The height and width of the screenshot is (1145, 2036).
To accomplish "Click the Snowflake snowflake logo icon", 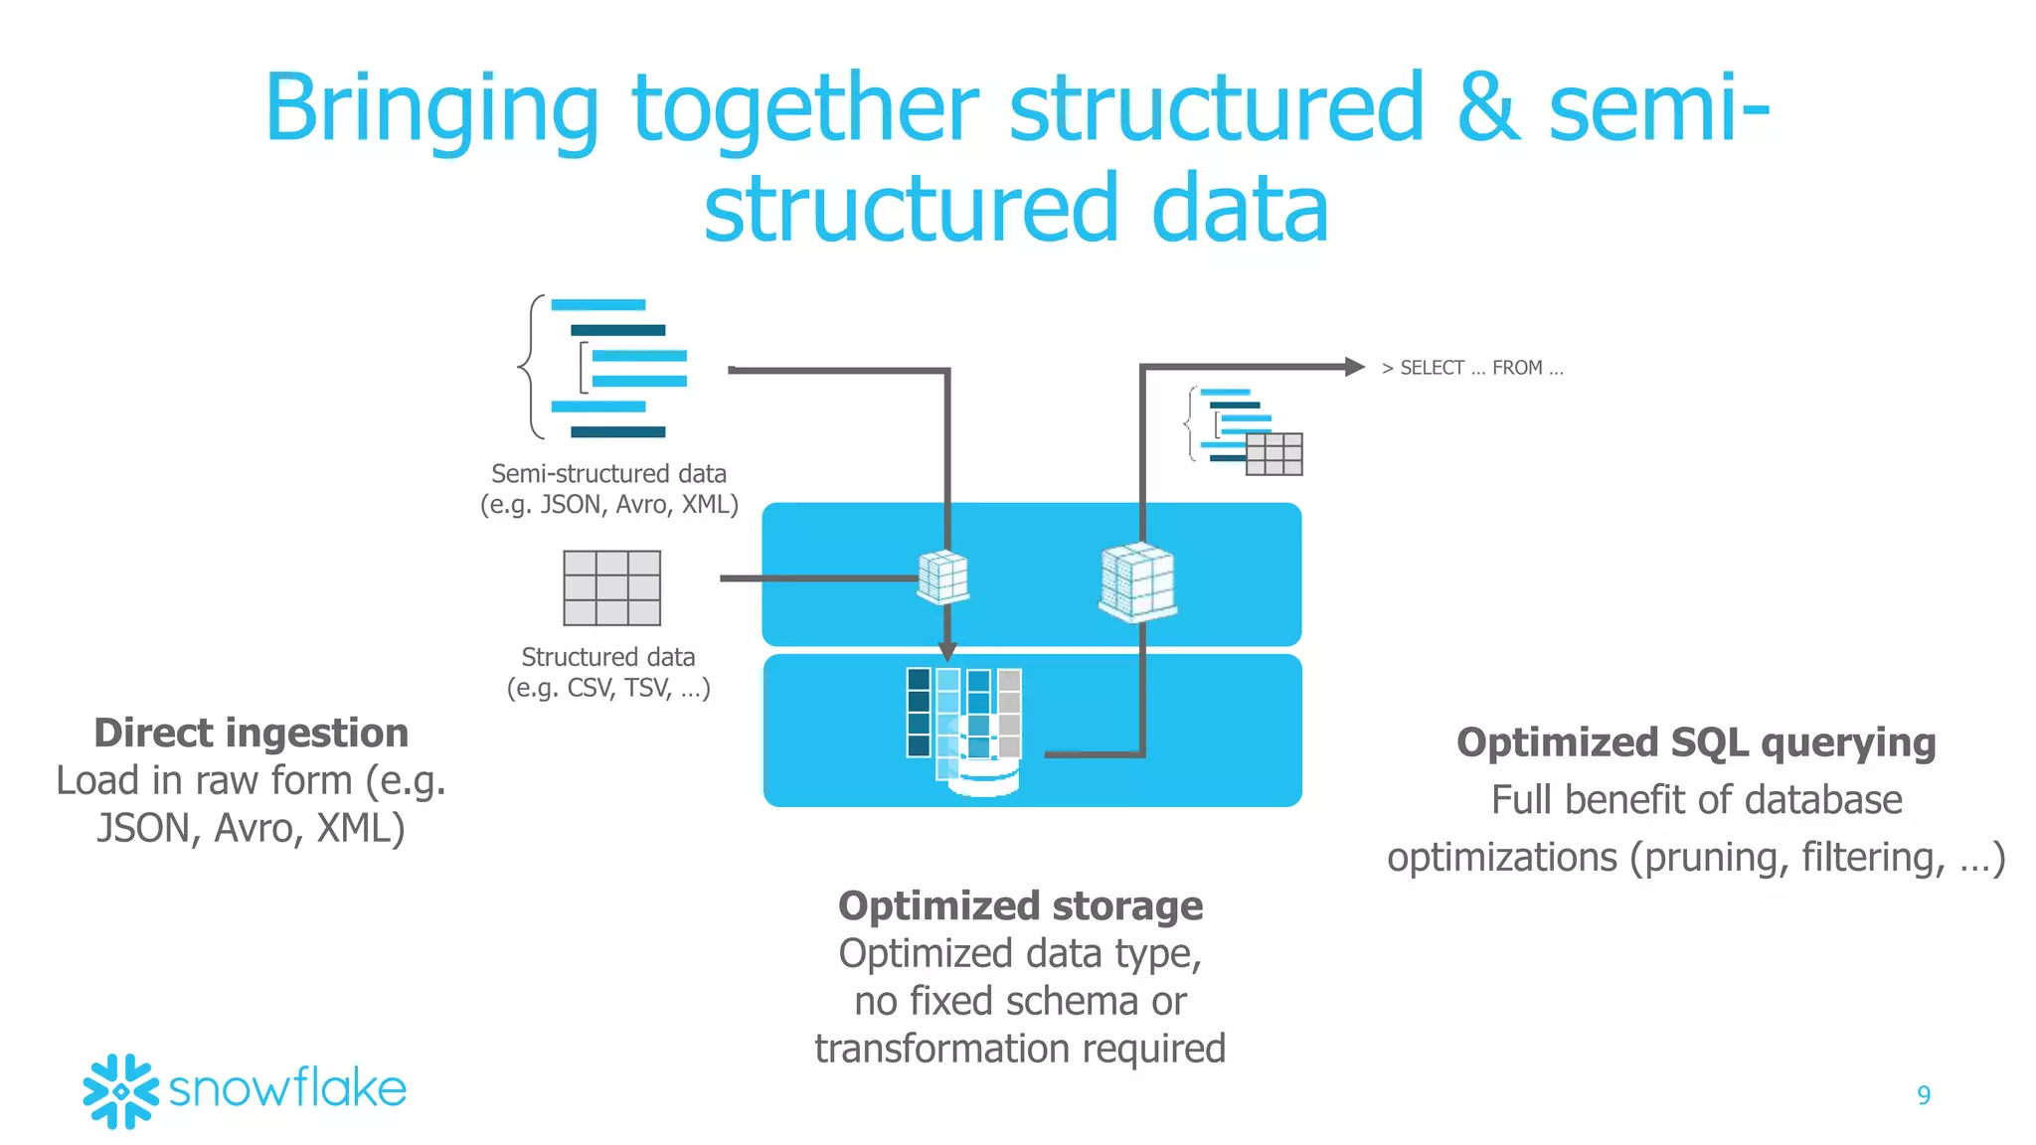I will coord(120,1090).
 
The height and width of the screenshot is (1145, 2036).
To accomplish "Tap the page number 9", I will coord(1923,1095).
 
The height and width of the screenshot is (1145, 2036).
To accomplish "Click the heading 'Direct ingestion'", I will coord(252,733).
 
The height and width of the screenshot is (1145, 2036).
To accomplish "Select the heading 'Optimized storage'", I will coord(1020,905).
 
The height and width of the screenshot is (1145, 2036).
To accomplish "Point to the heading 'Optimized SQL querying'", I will coord(1696,742).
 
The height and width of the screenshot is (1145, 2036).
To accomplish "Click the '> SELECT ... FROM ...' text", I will coord(1472,368).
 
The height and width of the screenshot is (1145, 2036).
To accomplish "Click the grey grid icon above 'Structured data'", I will coord(611,587).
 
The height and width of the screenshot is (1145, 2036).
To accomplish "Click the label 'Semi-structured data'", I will coord(608,474).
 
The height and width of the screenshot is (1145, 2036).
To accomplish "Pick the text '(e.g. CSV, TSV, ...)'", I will coord(608,688).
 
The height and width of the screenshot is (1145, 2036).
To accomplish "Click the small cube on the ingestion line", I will coord(942,576).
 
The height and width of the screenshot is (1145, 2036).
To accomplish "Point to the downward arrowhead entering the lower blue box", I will coord(947,651).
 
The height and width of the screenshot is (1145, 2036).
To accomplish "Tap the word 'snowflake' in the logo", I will coord(287,1089).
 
